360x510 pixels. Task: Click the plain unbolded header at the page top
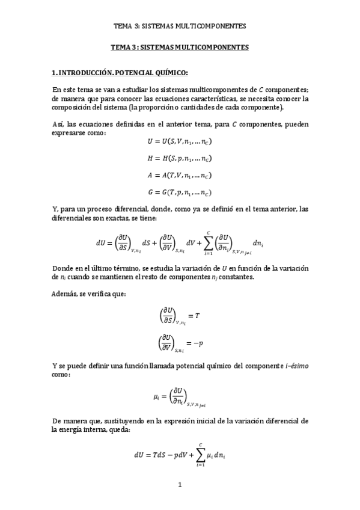click(x=180, y=26)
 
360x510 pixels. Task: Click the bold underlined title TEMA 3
click(x=180, y=46)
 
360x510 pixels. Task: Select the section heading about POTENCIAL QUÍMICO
click(x=120, y=73)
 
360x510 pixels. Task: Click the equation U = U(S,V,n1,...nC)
click(x=179, y=142)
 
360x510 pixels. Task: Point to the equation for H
click(x=179, y=159)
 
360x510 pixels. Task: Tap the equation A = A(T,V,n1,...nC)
click(x=179, y=176)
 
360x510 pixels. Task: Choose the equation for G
click(x=179, y=193)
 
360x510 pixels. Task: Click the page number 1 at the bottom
click(x=180, y=485)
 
